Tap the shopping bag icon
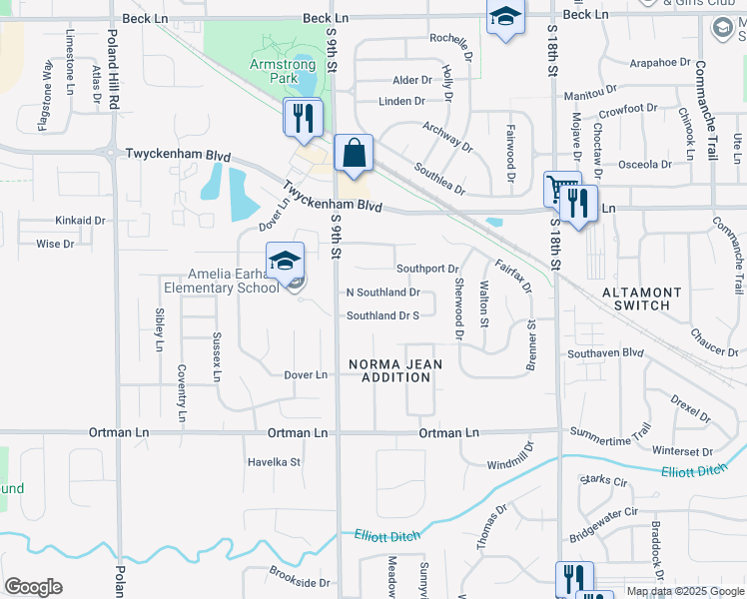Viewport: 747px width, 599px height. (353, 155)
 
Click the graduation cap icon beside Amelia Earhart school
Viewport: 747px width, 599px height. (286, 262)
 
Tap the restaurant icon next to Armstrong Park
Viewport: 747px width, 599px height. (302, 118)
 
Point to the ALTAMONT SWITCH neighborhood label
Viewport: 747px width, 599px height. (642, 299)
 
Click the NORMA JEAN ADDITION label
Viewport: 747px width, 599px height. (395, 369)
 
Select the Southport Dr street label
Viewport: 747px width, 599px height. (426, 269)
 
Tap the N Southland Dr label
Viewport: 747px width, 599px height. (381, 293)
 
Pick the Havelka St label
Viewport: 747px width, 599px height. (274, 462)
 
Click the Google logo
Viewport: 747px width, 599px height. (33, 587)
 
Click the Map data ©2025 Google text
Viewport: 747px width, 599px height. (684, 591)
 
